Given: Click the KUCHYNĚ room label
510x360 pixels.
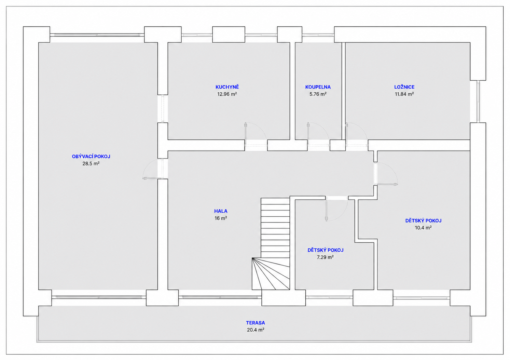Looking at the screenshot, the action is click(227, 87).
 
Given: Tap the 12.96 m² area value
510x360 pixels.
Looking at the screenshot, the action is click(227, 94).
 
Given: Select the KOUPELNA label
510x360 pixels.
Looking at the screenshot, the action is click(318, 87).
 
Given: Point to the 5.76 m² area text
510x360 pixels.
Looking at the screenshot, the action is click(318, 94).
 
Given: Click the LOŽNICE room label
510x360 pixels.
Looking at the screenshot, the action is click(404, 87).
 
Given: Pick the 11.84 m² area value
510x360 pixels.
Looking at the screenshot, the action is click(404, 94).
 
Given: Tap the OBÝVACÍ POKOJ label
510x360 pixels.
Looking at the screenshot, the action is click(91, 156).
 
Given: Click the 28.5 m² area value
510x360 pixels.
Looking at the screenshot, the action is click(91, 163).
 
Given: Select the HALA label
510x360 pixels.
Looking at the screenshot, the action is click(221, 211).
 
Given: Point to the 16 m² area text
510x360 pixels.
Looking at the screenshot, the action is click(221, 218).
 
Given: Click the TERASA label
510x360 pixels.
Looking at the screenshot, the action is click(256, 323).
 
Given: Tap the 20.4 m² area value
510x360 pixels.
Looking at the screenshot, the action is click(256, 330).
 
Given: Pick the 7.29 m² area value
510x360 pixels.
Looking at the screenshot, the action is click(325, 257).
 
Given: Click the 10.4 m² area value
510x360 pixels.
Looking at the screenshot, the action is click(423, 227).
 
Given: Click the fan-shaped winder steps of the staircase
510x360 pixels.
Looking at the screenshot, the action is click(271, 274).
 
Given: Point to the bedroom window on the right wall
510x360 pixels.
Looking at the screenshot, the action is click(478, 102).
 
